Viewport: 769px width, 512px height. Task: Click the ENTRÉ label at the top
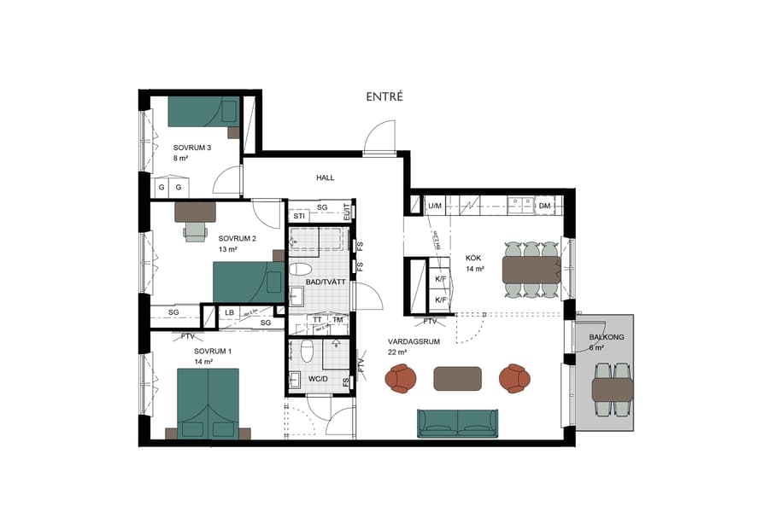[384, 97]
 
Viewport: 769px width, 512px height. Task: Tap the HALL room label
[326, 177]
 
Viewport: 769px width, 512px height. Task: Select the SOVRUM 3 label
[191, 147]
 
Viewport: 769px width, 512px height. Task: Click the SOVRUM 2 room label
[237, 238]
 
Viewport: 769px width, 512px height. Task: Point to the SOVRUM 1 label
[213, 351]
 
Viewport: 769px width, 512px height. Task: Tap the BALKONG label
[607, 338]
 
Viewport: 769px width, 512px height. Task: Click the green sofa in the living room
[457, 422]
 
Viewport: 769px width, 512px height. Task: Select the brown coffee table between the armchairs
[457, 378]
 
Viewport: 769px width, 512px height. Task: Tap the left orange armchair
[401, 378]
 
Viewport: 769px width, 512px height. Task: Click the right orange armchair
[514, 378]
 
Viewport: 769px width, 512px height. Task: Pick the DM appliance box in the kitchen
[545, 206]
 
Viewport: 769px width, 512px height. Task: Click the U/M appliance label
[435, 206]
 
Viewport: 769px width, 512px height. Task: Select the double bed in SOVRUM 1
[208, 403]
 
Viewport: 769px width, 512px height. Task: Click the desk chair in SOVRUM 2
[196, 230]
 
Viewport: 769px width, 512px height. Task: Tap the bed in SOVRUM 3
[203, 112]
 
